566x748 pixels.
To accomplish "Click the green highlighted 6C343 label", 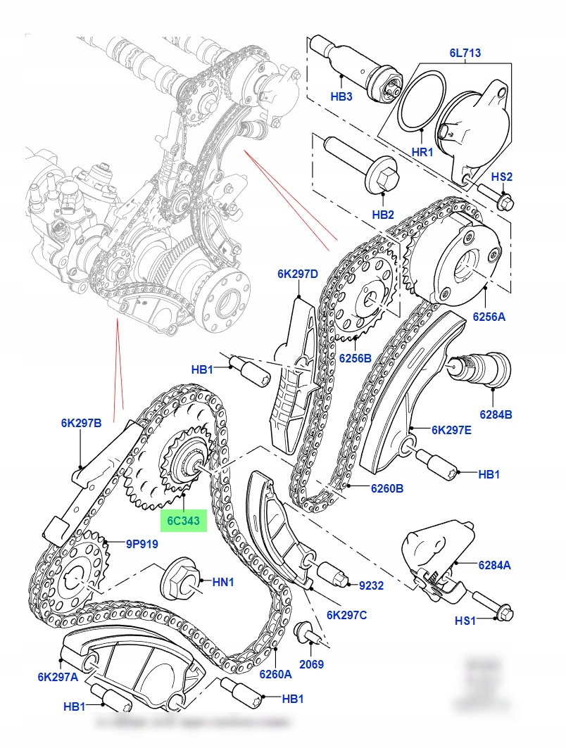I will (183, 521).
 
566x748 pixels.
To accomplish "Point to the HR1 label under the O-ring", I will (422, 151).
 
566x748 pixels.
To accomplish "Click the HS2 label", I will (501, 177).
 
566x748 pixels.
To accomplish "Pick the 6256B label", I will (355, 357).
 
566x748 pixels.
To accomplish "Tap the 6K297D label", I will (298, 274).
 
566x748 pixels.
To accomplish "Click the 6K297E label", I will (451, 430).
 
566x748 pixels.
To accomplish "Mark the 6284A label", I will (496, 564).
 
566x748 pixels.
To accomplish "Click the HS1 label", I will (465, 621).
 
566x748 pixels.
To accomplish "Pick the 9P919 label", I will (142, 543).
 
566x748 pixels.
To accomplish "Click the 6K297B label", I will (81, 423).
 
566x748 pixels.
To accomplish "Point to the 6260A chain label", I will (275, 673).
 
